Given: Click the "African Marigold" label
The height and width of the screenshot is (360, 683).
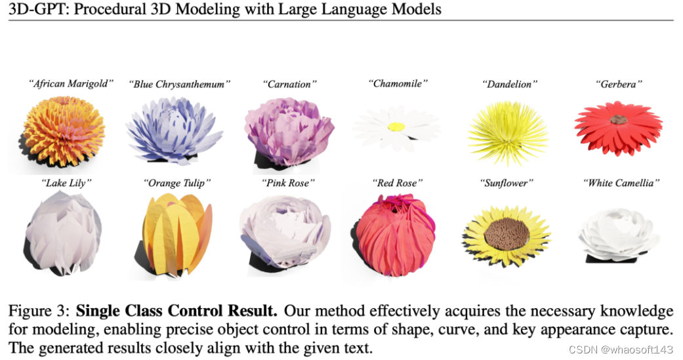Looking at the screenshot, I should pyautogui.click(x=71, y=83).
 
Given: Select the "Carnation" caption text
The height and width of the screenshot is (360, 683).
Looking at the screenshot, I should pyautogui.click(x=289, y=84).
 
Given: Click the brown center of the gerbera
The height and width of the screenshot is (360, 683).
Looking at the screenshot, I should pyautogui.click(x=618, y=120).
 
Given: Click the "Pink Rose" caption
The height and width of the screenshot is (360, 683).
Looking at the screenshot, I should pyautogui.click(x=289, y=183).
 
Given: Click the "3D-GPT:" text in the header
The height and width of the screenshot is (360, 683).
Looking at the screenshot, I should pyautogui.click(x=31, y=9).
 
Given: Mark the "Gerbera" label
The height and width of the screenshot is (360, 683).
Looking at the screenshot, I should pyautogui.click(x=618, y=84).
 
